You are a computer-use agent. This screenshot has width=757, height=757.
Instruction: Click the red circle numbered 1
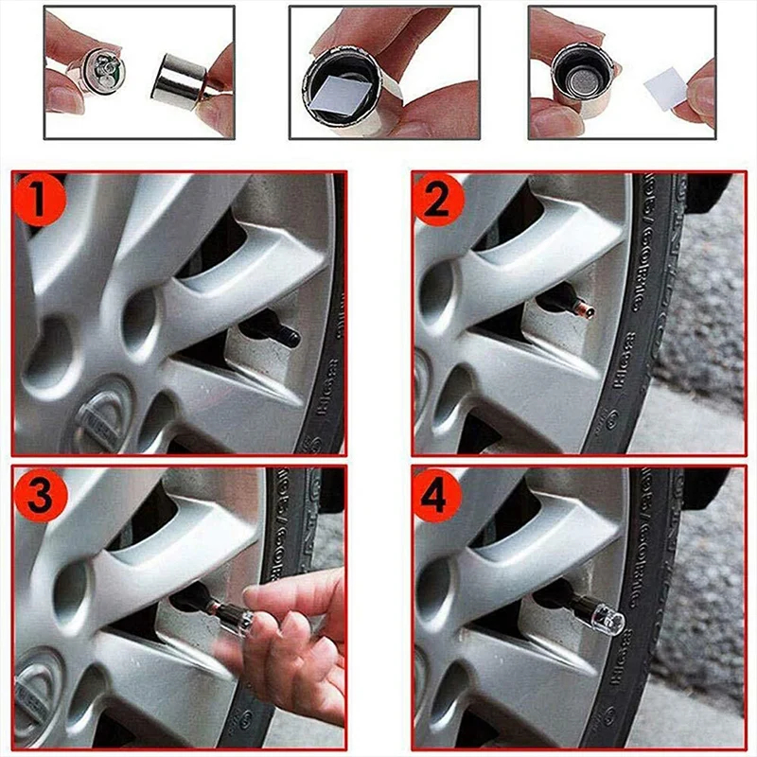[x=40, y=202]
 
